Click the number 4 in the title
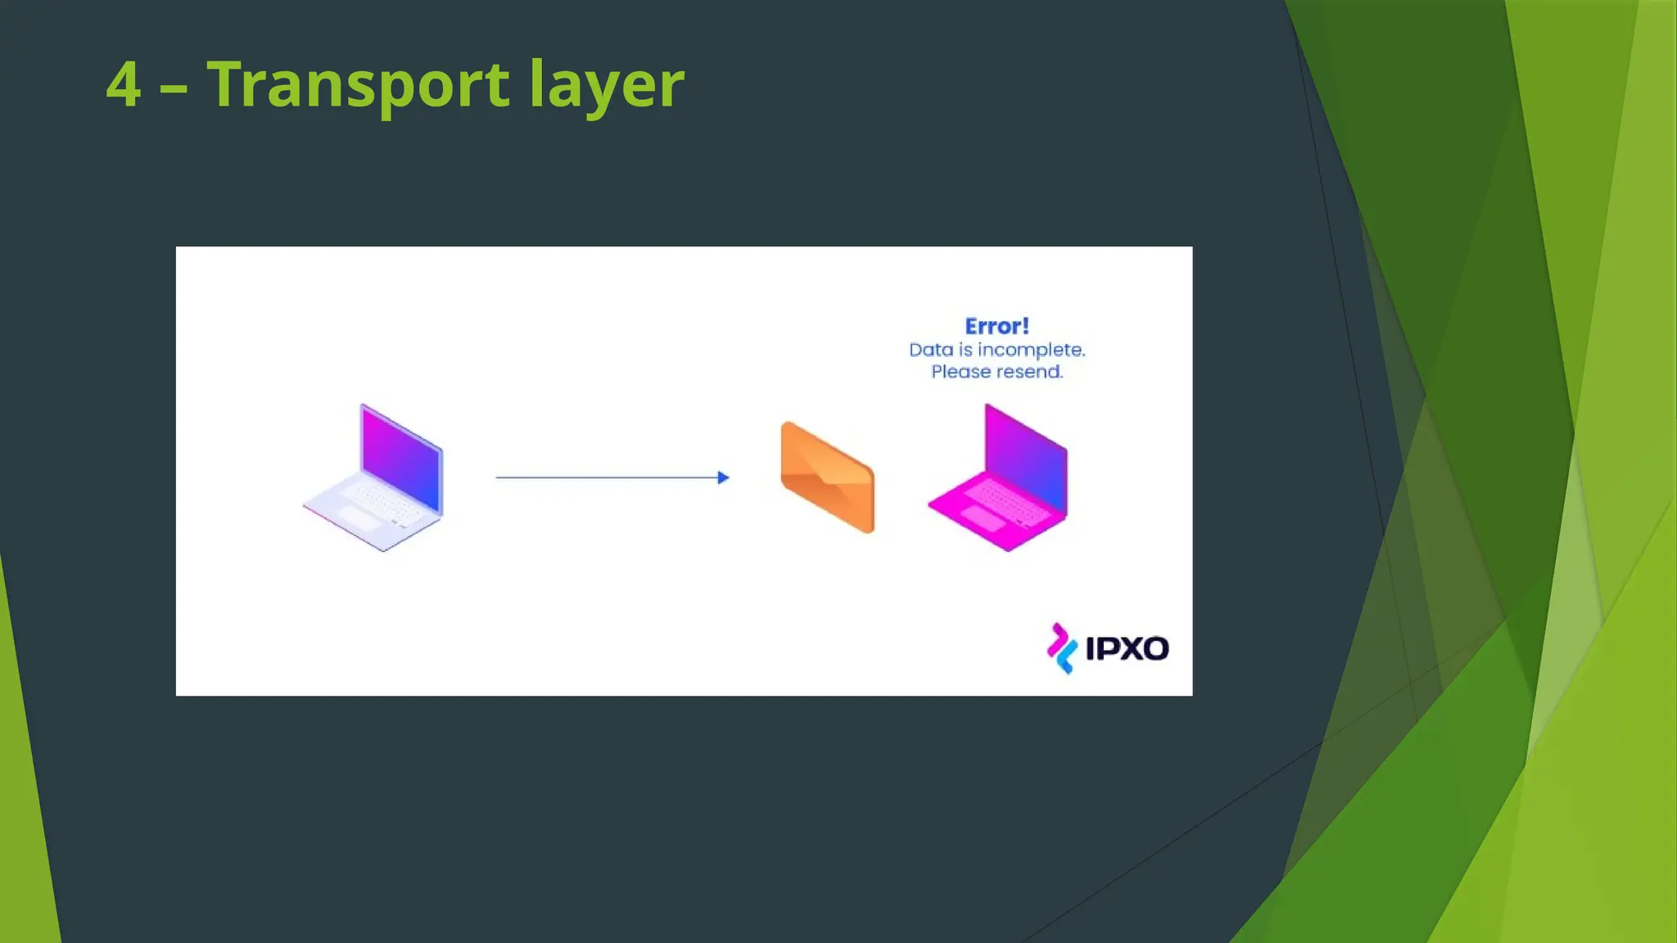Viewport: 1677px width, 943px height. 124,84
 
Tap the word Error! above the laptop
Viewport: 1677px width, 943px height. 997,327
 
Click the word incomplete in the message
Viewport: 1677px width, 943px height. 1031,350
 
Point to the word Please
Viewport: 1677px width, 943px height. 961,372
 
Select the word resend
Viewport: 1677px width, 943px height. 1030,372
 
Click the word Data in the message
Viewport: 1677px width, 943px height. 931,350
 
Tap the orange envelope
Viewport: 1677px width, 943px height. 828,478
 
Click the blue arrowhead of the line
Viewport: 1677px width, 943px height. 723,477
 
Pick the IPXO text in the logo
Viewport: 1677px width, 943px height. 1127,649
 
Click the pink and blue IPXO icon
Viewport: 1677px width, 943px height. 1061,648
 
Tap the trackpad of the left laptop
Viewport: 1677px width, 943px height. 359,519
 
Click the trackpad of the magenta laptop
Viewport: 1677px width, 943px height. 983,518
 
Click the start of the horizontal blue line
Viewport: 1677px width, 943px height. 499,477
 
